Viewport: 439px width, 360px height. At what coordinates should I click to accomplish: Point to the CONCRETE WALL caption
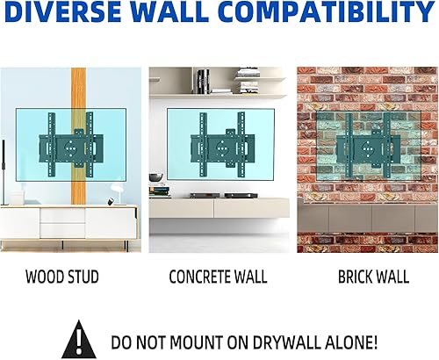(x=217, y=277)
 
